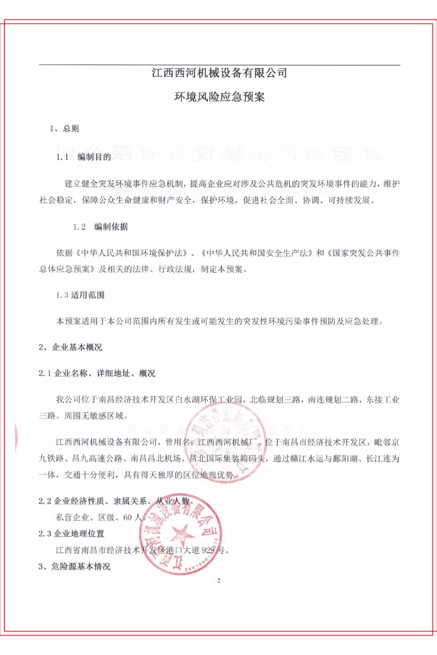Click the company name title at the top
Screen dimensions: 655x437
[219, 73]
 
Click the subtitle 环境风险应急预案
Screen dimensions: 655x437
[220, 97]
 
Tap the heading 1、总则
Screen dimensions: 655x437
[64, 129]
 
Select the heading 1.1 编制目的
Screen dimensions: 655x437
[84, 157]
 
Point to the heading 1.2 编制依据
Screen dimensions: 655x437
[100, 227]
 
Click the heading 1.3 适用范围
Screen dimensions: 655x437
[80, 295]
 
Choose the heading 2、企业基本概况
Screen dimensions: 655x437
[70, 348]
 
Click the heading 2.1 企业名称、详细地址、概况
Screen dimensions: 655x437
[97, 373]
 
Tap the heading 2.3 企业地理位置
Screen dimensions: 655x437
[71, 533]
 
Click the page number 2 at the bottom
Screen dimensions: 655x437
[219, 580]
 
